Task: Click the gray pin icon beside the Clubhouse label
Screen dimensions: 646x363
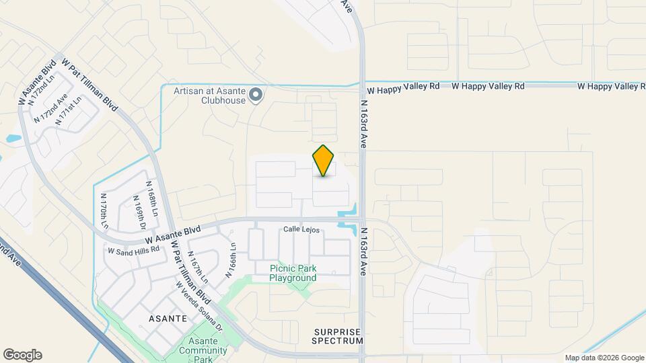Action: pos(256,95)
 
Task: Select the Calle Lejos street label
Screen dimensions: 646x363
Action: pos(301,230)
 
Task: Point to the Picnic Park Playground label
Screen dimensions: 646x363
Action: pos(293,273)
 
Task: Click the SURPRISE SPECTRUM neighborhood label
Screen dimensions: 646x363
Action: pos(338,336)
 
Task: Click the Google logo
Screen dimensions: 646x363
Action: pos(22,355)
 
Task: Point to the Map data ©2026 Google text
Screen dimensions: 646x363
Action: pos(604,358)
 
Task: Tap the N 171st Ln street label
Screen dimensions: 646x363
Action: pos(69,111)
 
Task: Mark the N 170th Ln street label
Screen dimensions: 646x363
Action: pos(104,210)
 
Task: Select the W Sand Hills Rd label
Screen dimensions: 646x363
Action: pos(133,249)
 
